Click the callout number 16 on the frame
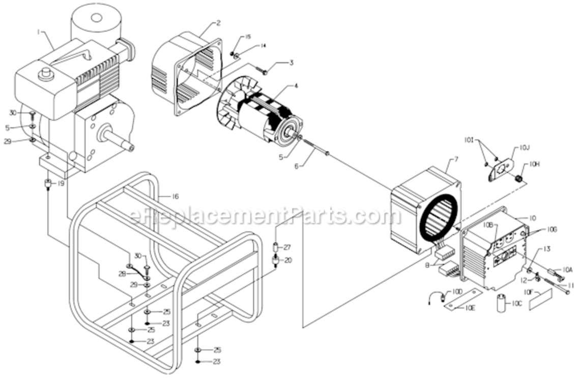click(162, 196)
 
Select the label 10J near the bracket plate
click(525, 148)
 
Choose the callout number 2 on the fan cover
click(218, 23)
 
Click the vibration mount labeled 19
click(47, 183)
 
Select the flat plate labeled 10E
click(462, 299)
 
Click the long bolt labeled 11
click(557, 285)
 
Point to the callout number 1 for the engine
click(38, 31)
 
